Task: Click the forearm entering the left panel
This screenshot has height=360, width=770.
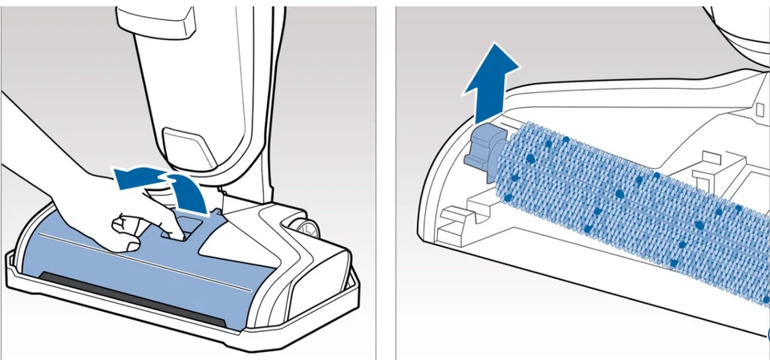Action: coord(32,148)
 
